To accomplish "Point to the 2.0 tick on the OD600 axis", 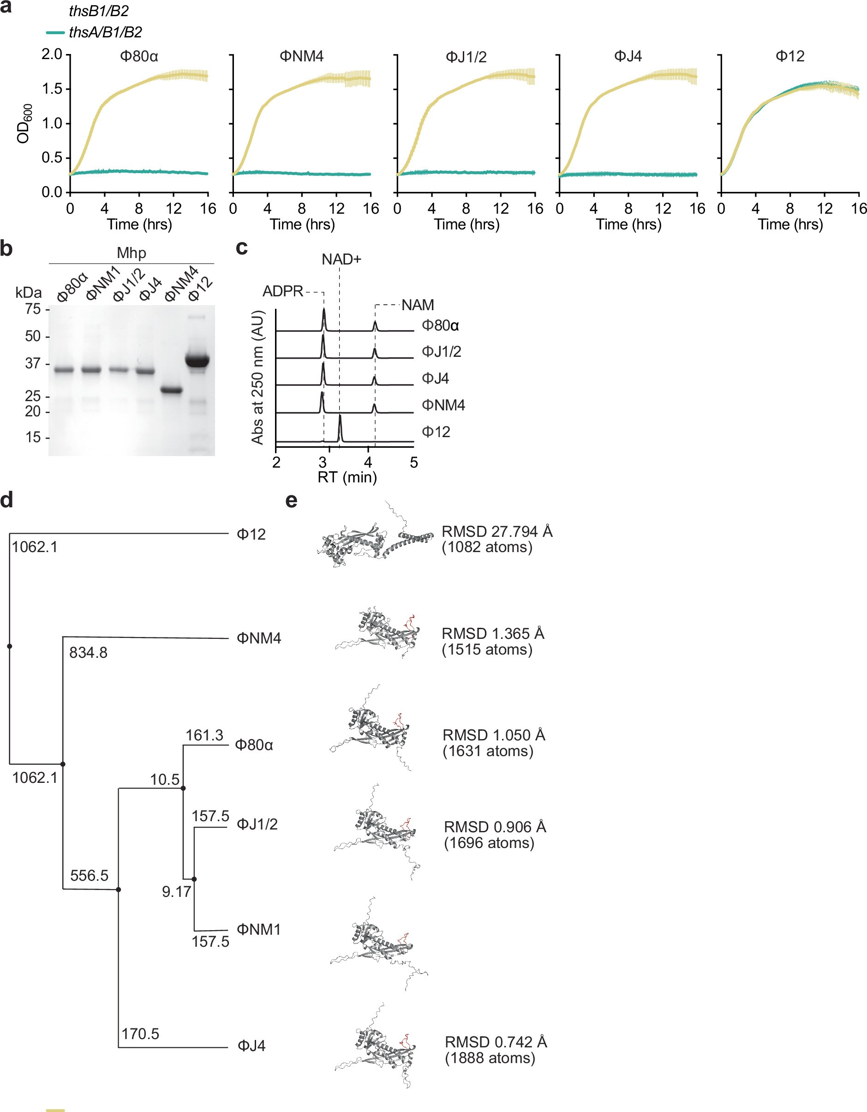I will (x=51, y=54).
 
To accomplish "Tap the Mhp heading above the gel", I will (x=131, y=253).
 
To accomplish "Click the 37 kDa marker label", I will (x=33, y=364).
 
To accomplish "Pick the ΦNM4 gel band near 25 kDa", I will (x=171, y=391).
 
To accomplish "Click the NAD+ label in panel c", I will (x=341, y=260).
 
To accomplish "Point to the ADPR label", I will (x=282, y=292).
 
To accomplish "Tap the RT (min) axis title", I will (x=347, y=478).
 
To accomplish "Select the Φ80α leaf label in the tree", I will (x=254, y=745).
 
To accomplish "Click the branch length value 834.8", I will (x=88, y=653).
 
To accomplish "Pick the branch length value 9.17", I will (x=176, y=891).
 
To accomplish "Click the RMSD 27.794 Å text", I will (x=496, y=532).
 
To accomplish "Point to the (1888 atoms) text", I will (x=490, y=1058).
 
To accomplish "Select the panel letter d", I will (x=7, y=500).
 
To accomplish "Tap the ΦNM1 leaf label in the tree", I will (x=258, y=930).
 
